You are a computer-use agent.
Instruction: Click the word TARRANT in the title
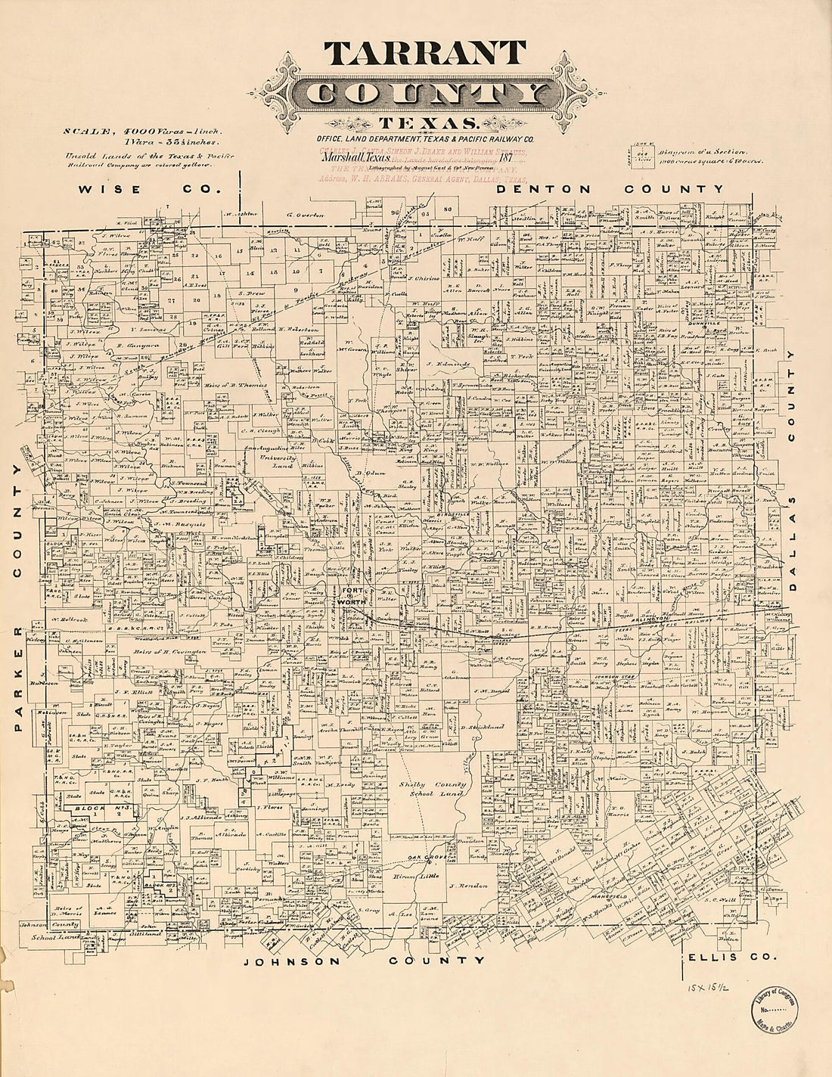pyautogui.click(x=424, y=53)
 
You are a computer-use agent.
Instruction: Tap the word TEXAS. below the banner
pyautogui.click(x=428, y=124)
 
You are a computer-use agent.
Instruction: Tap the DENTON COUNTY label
pyautogui.click(x=610, y=189)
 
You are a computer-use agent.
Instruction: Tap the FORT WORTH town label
pyautogui.click(x=352, y=594)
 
